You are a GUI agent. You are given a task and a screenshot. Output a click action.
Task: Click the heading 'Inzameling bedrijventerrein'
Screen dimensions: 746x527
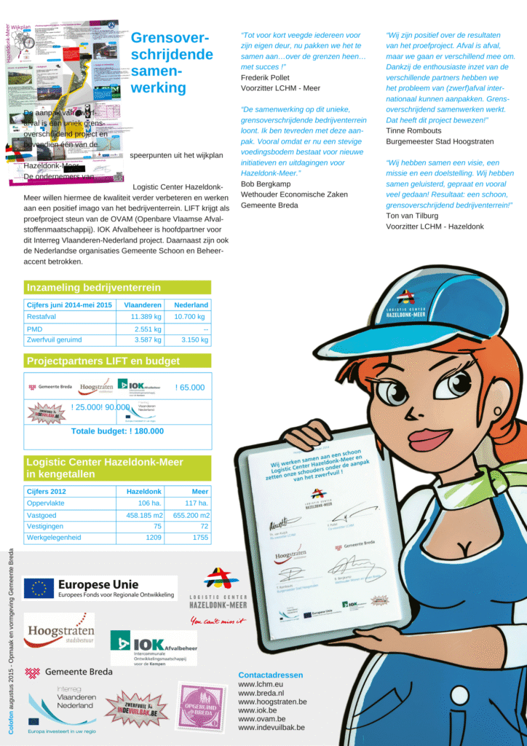(x=93, y=288)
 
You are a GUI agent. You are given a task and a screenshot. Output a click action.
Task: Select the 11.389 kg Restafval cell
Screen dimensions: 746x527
(x=146, y=317)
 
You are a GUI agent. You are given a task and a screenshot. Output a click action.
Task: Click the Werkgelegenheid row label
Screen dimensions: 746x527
(x=54, y=537)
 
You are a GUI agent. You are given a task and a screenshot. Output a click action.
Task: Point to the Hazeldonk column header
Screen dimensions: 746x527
(x=144, y=492)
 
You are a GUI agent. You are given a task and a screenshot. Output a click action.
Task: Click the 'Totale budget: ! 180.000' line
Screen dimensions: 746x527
(x=117, y=431)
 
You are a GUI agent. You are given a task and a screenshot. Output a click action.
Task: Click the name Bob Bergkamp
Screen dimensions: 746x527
(x=267, y=184)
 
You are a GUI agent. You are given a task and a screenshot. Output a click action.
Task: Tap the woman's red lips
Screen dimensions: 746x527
(x=429, y=439)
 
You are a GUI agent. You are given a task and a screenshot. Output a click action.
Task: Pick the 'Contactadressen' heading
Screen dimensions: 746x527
(x=270, y=675)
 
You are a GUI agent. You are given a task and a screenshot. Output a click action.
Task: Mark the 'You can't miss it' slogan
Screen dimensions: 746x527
(x=218, y=621)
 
